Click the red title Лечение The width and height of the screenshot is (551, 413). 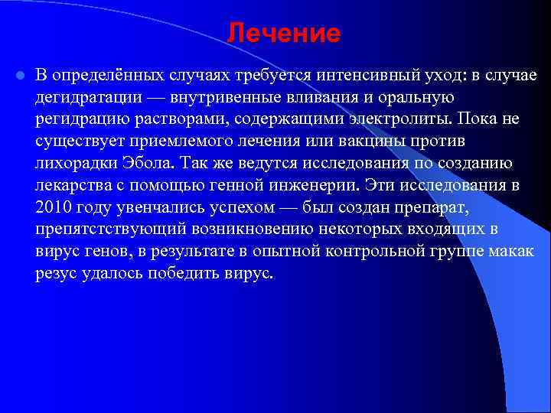283,33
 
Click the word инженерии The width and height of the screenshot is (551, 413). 321,186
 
